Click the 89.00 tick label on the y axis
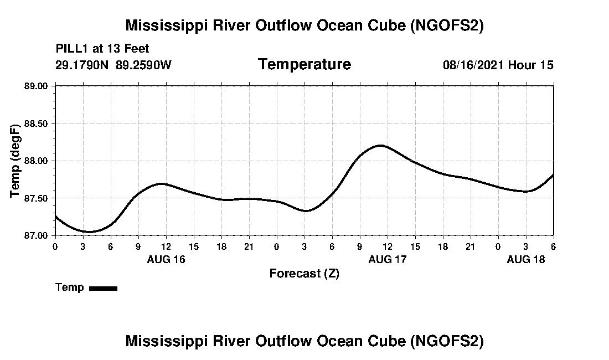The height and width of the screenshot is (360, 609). click(37, 86)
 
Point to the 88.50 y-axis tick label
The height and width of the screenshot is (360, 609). click(37, 123)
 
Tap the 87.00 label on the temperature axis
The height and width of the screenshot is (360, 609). click(37, 235)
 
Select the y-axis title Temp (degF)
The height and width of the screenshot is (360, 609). click(16, 161)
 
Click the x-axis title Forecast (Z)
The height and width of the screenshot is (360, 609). click(304, 273)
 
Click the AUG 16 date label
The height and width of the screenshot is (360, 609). click(166, 259)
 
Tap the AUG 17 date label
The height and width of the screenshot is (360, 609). click(388, 259)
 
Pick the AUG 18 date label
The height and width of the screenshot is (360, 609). click(526, 259)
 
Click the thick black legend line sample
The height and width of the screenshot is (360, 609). click(103, 288)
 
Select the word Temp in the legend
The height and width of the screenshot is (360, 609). click(70, 287)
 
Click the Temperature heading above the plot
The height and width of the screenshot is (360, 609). click(304, 64)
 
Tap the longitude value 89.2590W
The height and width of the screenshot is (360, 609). click(143, 65)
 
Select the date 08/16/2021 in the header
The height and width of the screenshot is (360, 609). click(473, 65)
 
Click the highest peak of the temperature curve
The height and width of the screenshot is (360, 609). click(380, 145)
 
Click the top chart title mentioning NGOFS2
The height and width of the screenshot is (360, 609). click(304, 25)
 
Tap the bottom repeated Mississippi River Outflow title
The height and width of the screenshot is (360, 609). click(304, 341)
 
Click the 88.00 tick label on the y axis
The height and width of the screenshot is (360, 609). click(37, 161)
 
